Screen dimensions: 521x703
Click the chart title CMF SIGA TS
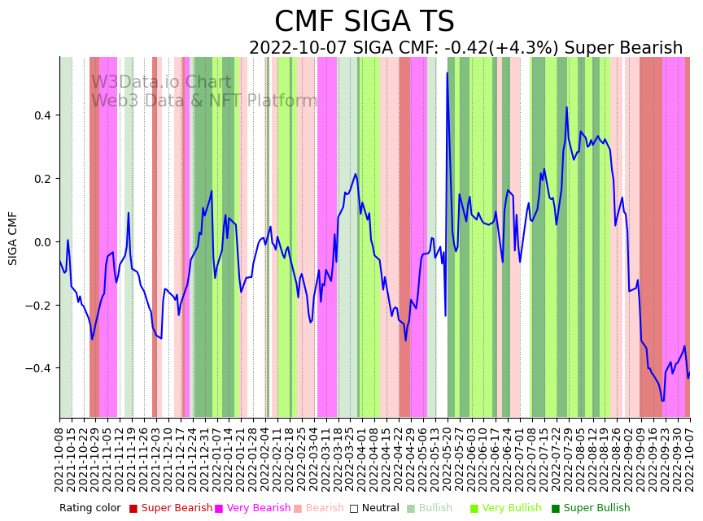[364, 22]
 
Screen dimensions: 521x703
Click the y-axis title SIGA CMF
[13, 238]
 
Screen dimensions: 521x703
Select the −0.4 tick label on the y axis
[37, 368]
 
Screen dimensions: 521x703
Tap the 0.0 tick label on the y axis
[41, 242]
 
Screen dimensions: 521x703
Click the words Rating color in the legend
[90, 508]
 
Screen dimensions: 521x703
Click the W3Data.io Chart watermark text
[161, 82]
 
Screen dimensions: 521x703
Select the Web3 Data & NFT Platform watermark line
[203, 101]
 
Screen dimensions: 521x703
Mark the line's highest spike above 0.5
[447, 73]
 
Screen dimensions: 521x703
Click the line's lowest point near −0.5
[662, 401]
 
